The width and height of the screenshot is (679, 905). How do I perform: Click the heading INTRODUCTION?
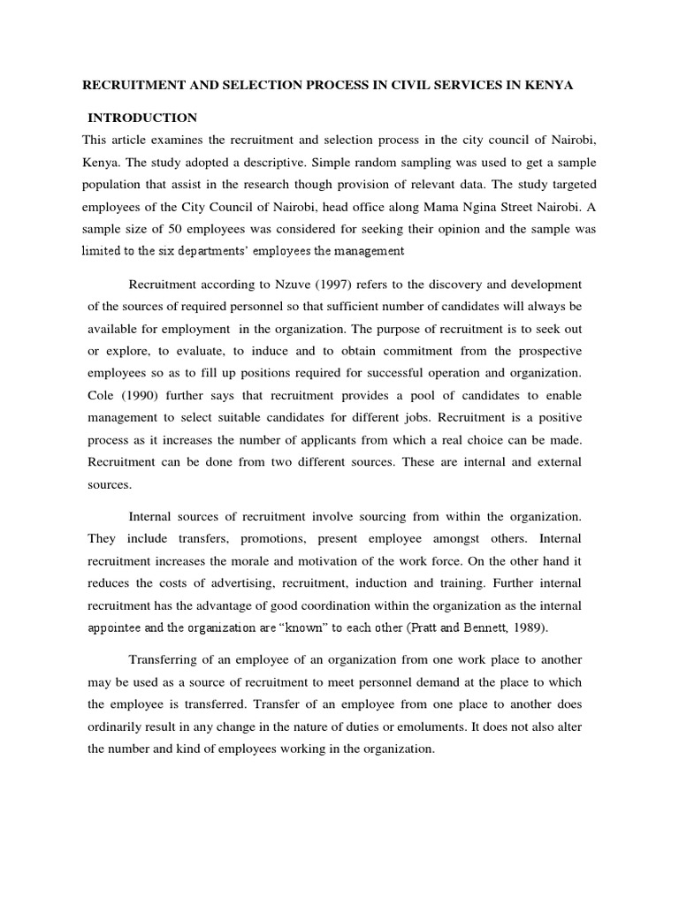141,118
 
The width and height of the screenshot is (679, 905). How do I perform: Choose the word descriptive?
305,162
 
